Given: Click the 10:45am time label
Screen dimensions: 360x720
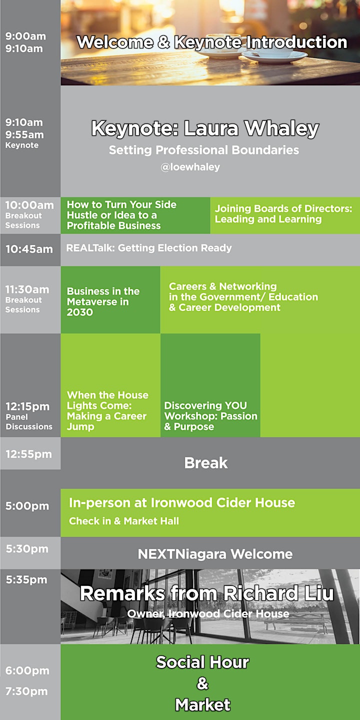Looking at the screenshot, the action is [x=29, y=249].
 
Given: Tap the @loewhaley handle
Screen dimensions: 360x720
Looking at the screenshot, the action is [x=190, y=167].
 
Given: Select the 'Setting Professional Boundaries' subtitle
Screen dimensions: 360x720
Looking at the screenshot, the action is [x=204, y=150].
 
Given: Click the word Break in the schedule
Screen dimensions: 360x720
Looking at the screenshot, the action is [x=206, y=463].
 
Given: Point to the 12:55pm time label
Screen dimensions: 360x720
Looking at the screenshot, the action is [x=28, y=454].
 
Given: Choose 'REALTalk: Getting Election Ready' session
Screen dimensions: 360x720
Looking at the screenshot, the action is [x=149, y=248].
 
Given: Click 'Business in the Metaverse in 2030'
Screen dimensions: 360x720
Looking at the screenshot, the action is [x=103, y=301].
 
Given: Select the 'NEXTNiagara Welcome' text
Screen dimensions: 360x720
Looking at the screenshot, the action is [x=215, y=554].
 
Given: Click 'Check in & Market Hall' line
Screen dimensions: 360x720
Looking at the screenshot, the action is [x=124, y=520].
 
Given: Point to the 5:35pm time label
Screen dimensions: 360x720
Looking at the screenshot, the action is [x=26, y=579].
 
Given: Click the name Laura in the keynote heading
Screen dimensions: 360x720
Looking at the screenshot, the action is [x=211, y=128].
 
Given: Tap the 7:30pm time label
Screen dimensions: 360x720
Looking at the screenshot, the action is [x=26, y=691].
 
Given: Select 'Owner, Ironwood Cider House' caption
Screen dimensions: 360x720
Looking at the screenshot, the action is [x=208, y=613].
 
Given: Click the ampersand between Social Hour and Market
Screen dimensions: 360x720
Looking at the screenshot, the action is [x=202, y=683].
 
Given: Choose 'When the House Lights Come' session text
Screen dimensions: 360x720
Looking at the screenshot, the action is [x=107, y=411].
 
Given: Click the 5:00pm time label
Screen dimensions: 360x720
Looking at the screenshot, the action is [x=27, y=506].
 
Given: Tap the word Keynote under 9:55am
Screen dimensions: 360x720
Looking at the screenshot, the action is [x=22, y=145].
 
